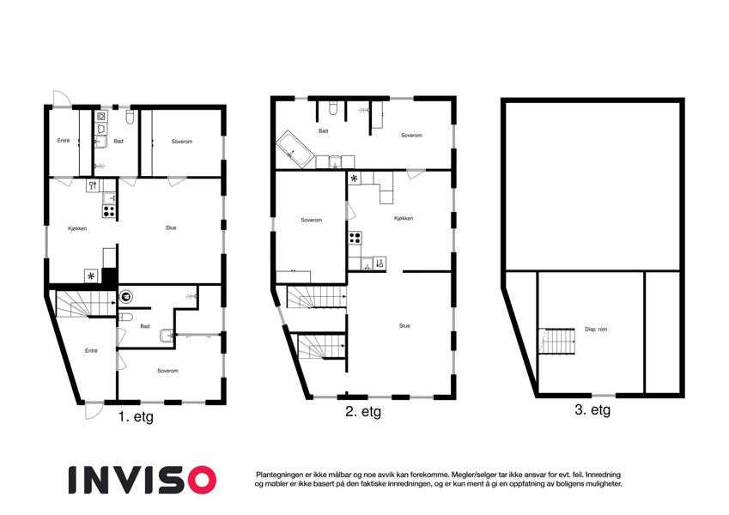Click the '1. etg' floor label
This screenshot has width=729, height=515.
[136, 416]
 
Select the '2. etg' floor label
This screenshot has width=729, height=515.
[363, 411]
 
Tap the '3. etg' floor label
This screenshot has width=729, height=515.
[592, 410]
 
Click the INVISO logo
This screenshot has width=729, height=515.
[143, 480]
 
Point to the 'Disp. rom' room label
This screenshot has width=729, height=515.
[596, 329]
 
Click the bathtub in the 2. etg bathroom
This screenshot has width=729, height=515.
[295, 148]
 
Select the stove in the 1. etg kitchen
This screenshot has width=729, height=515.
[109, 210]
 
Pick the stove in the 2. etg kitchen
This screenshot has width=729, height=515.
[355, 238]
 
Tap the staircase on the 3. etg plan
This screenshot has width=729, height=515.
[557, 341]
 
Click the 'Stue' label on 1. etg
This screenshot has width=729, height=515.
[171, 227]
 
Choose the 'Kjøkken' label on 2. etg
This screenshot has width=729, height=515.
[404, 218]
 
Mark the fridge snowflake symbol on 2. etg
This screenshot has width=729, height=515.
[355, 178]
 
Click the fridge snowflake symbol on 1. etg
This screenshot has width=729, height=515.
[91, 276]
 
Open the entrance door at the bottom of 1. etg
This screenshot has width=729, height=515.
[94, 410]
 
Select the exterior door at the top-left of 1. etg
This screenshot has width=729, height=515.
[61, 99]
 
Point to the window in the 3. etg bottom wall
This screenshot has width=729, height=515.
[604, 396]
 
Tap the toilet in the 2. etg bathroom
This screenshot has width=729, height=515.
[333, 108]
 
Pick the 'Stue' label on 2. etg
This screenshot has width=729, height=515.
[404, 326]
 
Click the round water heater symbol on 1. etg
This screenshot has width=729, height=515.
[125, 296]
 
